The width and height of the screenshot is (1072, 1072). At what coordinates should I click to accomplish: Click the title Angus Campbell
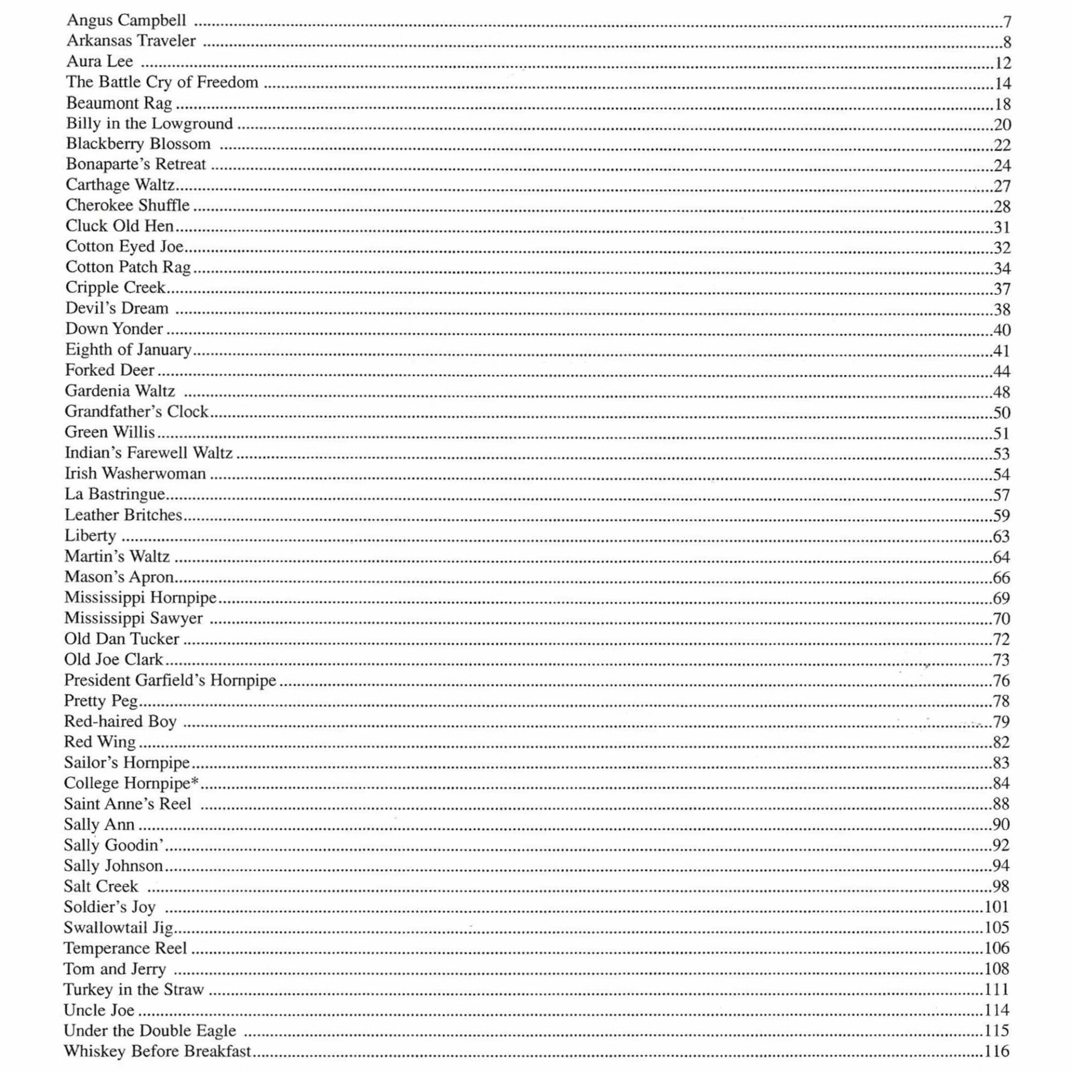click(126, 21)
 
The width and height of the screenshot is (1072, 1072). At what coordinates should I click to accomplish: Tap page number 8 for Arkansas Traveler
click(1007, 42)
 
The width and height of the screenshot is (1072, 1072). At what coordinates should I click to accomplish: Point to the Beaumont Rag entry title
click(119, 103)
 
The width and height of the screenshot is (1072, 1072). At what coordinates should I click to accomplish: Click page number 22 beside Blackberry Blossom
click(1002, 145)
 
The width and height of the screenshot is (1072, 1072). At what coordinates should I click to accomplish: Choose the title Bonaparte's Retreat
click(136, 164)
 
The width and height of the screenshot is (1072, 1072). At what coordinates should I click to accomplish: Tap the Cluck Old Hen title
click(119, 226)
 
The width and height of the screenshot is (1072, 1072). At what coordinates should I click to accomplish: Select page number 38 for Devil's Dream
click(1002, 309)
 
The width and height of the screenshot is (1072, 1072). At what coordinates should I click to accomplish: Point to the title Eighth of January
click(128, 350)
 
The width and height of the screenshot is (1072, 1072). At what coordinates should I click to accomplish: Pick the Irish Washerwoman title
click(135, 473)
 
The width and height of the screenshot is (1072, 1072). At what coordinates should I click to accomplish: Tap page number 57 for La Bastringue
click(1002, 495)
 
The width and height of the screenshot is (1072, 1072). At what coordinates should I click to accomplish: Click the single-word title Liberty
click(90, 536)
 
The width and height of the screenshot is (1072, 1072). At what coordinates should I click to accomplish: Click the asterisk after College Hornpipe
click(195, 781)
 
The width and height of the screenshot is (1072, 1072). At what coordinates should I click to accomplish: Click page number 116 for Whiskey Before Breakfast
click(997, 1051)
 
